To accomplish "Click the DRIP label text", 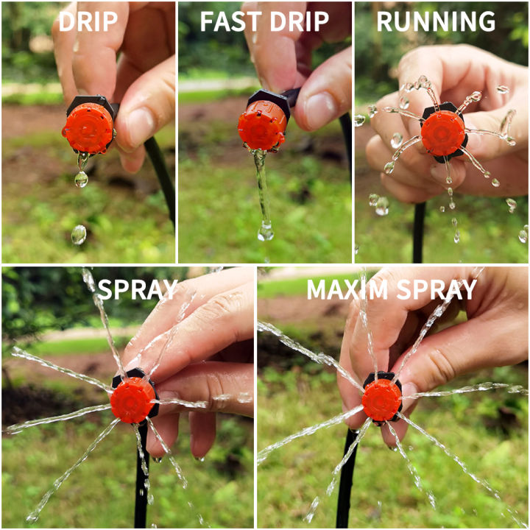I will pyautogui.click(x=88, y=21).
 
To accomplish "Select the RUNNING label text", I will pyautogui.click(x=436, y=21).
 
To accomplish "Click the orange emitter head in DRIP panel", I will pyautogui.click(x=88, y=128).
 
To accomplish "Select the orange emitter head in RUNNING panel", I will pyautogui.click(x=442, y=133).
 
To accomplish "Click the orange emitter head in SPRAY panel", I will pyautogui.click(x=133, y=400).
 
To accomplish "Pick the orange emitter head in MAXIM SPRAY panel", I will pyautogui.click(x=381, y=400).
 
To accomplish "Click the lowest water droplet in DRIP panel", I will pyautogui.click(x=78, y=235).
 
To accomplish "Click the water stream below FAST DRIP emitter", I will pyautogui.click(x=262, y=191).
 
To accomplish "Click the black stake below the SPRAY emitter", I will pyautogui.click(x=141, y=478).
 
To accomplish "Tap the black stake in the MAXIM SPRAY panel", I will pyautogui.click(x=346, y=478).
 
